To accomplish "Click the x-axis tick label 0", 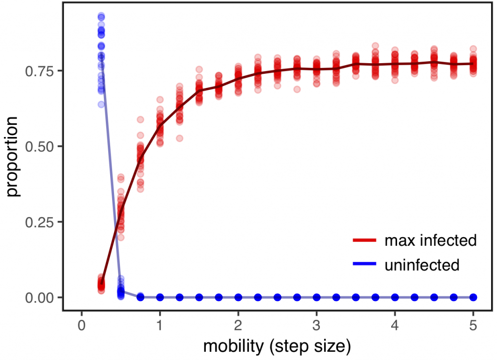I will [x=81, y=325].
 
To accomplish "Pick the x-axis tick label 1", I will [x=160, y=325].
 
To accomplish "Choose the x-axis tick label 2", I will [x=238, y=325].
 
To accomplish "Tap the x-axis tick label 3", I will [x=316, y=325].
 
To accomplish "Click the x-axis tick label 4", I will [x=395, y=325].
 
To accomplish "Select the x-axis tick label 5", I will [x=473, y=325].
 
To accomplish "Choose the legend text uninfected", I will [x=421, y=265].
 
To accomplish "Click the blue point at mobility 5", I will [x=473, y=297].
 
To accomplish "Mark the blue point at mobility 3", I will [x=316, y=297].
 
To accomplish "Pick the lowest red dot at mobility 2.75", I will [x=297, y=89].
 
